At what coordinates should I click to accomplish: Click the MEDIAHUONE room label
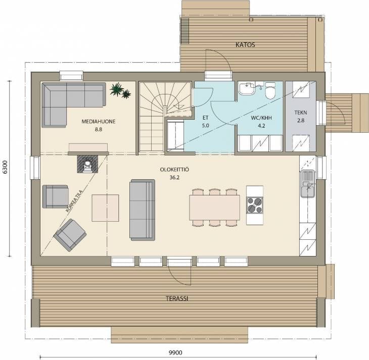pos(99,122)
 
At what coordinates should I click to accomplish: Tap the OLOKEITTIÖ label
pos(174,170)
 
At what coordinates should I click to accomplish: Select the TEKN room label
pos(301,113)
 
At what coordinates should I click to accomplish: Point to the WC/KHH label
pos(261,118)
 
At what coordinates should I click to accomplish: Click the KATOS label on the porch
pos(245,44)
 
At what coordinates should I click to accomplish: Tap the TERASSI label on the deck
pos(177,298)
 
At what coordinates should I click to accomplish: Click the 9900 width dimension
pos(175,352)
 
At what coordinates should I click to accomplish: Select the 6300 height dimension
pos(5,167)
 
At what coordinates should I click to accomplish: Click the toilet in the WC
pos(270,90)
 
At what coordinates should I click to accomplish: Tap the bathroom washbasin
pos(246,88)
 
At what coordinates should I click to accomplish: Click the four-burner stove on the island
pos(255,205)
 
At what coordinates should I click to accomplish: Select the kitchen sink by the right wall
pos(307,183)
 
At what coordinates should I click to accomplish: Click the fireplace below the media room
pos(87,164)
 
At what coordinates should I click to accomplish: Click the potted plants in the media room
pos(120,90)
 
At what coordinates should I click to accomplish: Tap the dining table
pos(214,208)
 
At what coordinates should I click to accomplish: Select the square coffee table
pos(105,208)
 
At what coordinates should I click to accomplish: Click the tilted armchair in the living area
pos(70,235)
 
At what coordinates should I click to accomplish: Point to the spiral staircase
pos(165,117)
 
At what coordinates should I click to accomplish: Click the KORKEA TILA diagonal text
pos(74,201)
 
